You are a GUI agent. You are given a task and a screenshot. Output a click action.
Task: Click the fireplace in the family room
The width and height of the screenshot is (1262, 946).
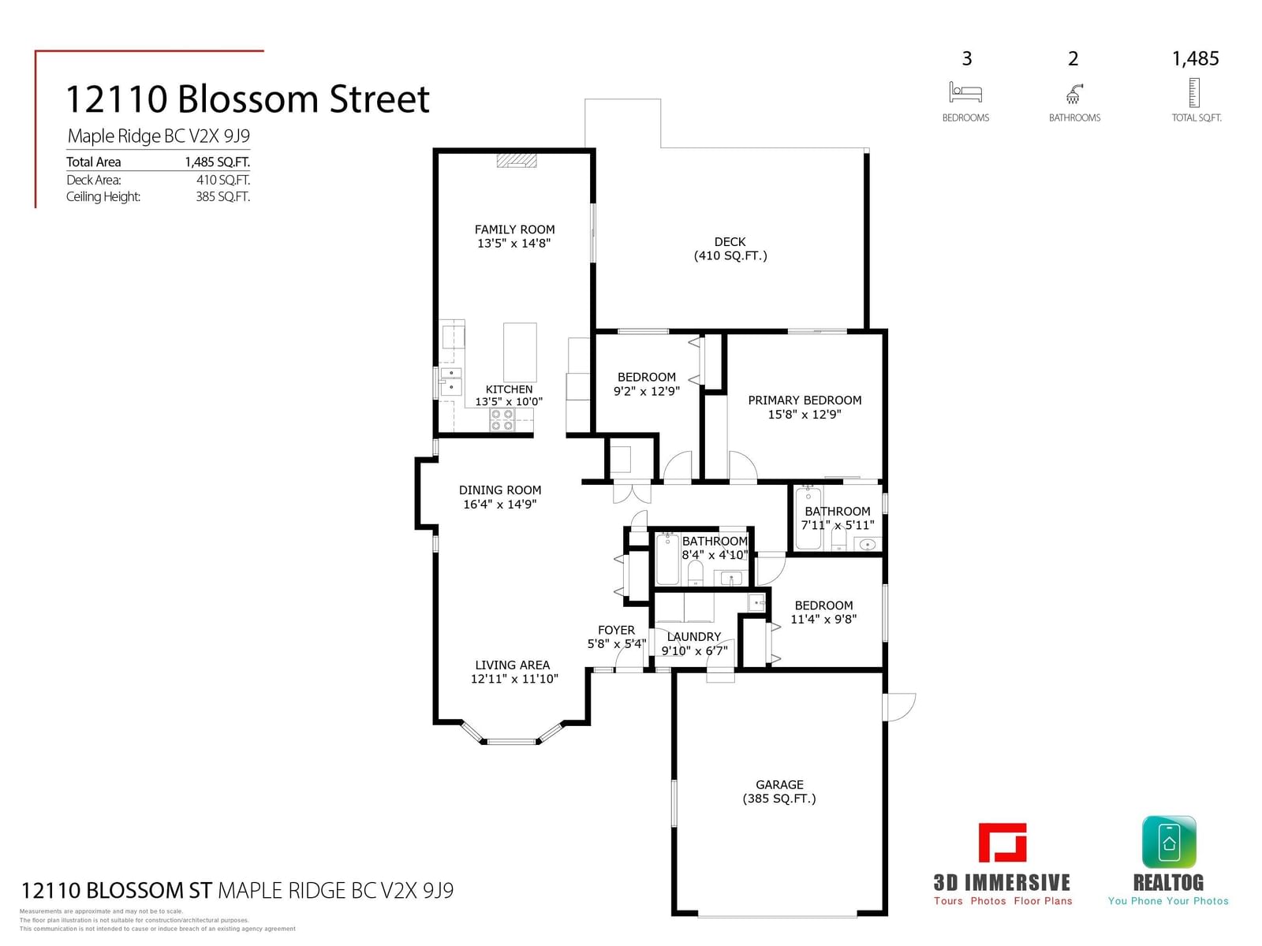(x=517, y=160)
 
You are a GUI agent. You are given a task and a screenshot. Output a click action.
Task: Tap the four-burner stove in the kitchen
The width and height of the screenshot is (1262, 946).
(x=502, y=419)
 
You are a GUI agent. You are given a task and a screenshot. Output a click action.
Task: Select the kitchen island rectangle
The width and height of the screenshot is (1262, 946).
(x=520, y=352)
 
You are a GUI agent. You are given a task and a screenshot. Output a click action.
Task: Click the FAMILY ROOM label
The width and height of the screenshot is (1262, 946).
(x=514, y=229)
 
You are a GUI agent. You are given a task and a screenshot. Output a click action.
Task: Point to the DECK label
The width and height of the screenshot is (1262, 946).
(x=730, y=242)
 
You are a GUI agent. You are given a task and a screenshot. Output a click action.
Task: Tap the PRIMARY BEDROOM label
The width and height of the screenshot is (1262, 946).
(x=805, y=400)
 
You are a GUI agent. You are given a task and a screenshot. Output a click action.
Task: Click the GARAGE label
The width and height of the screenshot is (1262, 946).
(x=779, y=784)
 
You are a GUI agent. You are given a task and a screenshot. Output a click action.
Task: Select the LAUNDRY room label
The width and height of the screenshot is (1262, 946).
(x=693, y=636)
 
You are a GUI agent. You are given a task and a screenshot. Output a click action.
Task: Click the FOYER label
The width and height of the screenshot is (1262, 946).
(x=616, y=630)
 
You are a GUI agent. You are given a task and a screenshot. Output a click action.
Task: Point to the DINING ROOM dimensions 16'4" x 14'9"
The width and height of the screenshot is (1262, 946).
(x=499, y=504)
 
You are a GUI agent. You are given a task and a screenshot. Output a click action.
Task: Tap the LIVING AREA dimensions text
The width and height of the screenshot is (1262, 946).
(x=514, y=678)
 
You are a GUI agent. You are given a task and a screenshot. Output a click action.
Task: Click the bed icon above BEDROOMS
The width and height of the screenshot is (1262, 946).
(x=965, y=92)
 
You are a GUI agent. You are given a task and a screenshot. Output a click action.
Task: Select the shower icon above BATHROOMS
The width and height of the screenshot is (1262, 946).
(x=1073, y=94)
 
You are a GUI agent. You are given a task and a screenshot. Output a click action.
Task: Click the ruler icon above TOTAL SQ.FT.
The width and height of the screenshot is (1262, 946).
(x=1194, y=92)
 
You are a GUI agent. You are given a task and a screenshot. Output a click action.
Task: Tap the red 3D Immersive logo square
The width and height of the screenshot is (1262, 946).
(x=1003, y=843)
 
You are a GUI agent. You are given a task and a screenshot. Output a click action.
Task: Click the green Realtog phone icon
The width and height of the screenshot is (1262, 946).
(x=1169, y=842)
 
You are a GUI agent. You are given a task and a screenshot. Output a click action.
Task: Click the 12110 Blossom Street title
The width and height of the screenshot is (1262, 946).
(x=248, y=99)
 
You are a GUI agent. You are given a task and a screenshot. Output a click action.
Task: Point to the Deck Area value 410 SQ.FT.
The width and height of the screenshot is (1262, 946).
(x=223, y=180)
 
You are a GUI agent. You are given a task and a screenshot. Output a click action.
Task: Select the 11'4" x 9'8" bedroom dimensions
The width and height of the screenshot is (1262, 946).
(x=823, y=619)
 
